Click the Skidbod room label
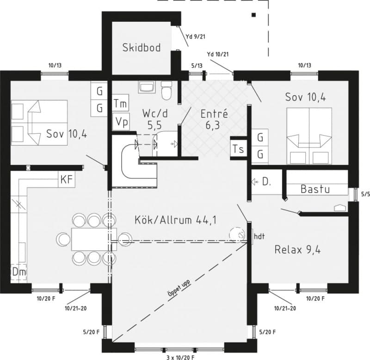(142, 47)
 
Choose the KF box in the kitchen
(67, 180)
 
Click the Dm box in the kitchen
(18, 272)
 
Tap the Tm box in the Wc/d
(121, 104)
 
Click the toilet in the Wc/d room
(166, 91)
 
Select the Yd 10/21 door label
(218, 55)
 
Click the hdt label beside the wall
(259, 236)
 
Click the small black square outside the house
(253, 15)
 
